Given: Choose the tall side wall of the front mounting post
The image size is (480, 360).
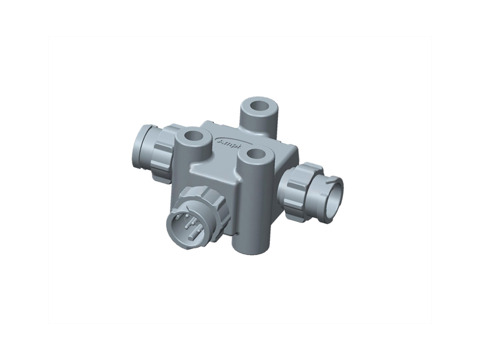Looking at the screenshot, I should pyautogui.click(x=254, y=204).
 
